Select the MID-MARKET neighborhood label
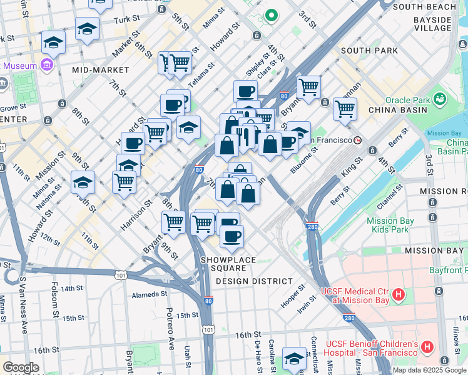coord(98,70)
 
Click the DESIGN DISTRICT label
coord(253,281)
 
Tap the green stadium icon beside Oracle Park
coord(440,99)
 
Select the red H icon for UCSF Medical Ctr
coord(399,294)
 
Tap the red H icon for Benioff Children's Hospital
coord(427,346)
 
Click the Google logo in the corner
coord(21,367)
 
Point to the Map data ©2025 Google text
coord(429,370)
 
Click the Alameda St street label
coord(148,295)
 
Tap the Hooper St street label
coord(293,293)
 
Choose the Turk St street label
coord(126,20)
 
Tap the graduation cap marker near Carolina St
coord(294,358)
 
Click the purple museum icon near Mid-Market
coord(47,65)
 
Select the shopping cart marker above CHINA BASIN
coord(345,109)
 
